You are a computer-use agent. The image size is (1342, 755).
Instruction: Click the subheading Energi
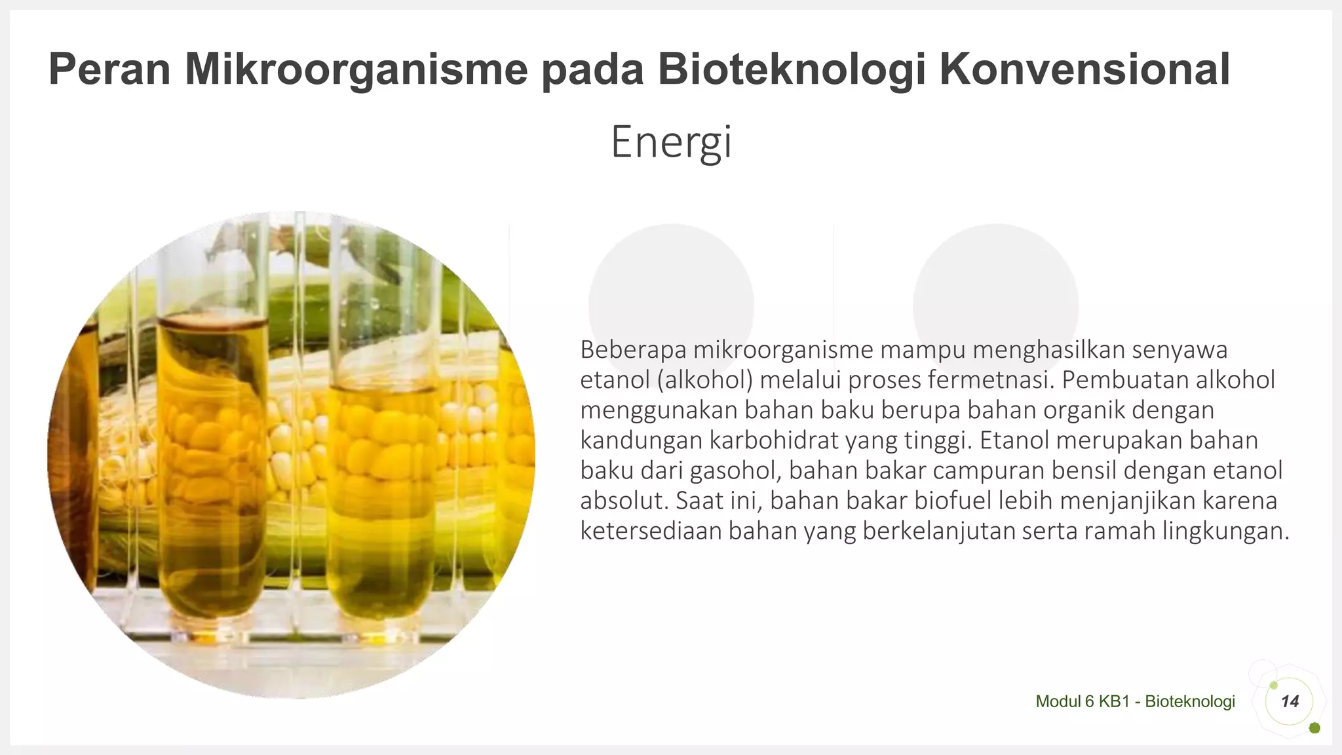tap(671, 142)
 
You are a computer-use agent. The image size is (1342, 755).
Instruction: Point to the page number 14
tap(1290, 701)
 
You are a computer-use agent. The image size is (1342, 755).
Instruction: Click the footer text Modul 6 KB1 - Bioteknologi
tap(1135, 701)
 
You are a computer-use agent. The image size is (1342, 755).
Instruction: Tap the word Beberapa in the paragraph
tap(633, 350)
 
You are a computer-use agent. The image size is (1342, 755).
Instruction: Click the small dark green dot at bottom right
tap(1314, 728)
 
